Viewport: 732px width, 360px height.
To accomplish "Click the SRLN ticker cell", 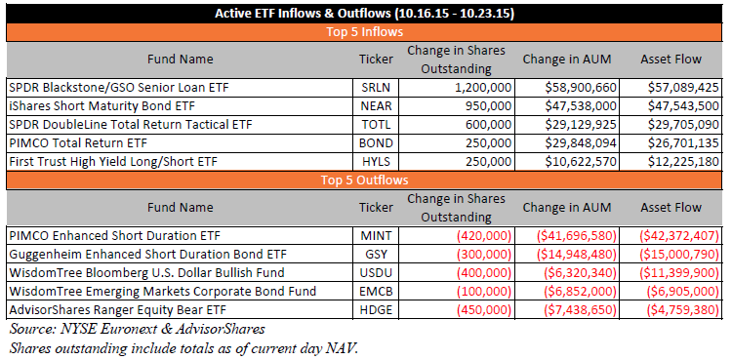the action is point(376,87).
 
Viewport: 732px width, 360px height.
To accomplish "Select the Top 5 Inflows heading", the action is point(365,32).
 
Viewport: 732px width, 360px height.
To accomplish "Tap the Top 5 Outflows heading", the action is point(365,180).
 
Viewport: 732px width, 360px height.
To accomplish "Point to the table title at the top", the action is point(365,14).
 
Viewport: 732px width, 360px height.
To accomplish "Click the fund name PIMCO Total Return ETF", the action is point(78,142).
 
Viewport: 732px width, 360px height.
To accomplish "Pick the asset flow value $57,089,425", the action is point(683,87).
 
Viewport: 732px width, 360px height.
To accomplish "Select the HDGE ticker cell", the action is point(376,309).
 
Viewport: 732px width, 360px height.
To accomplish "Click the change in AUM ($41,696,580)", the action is point(576,235).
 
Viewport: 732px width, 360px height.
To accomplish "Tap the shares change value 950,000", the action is point(488,106).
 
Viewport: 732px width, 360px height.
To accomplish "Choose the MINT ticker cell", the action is point(376,235).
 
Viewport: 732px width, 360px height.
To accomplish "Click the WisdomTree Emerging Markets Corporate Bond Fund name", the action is point(162,292).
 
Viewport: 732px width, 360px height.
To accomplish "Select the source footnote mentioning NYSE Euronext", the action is point(138,329).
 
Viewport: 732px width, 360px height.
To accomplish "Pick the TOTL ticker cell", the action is point(376,125).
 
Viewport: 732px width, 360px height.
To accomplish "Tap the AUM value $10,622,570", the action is point(581,162).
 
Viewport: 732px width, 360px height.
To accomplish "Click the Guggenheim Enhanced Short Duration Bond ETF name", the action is point(147,254).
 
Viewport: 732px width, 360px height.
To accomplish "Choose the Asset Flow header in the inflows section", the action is point(671,60).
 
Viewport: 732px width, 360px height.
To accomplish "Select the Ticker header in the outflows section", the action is point(376,207).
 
